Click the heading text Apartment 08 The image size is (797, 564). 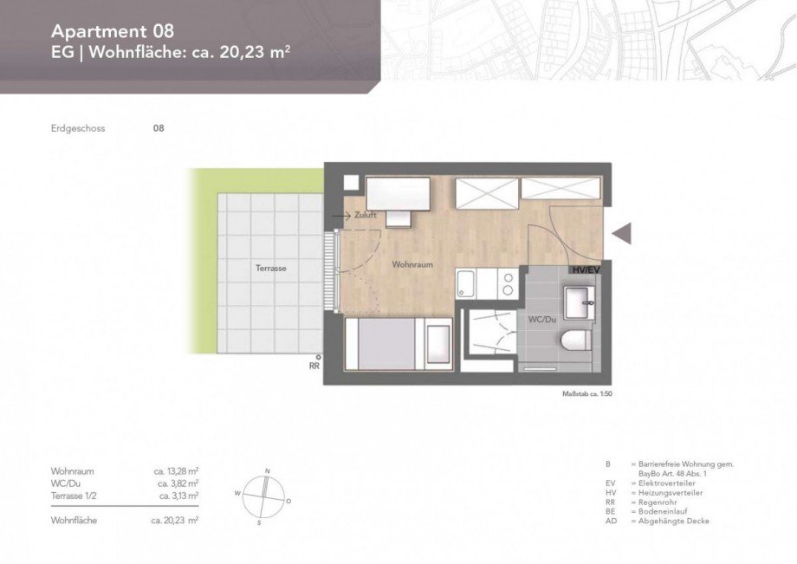pos(113,31)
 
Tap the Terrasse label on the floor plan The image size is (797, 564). pos(271,269)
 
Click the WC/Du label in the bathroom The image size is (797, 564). pos(541,320)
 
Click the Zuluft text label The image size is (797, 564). pos(365,215)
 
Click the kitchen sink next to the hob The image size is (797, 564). pos(468,281)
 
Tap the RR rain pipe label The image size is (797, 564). pos(314,366)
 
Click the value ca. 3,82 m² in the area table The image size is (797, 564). pos(178,483)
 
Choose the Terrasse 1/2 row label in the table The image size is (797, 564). pos(74,496)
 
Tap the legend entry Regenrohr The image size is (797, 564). pos(659,502)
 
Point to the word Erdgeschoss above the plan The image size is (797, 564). pos(78,128)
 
